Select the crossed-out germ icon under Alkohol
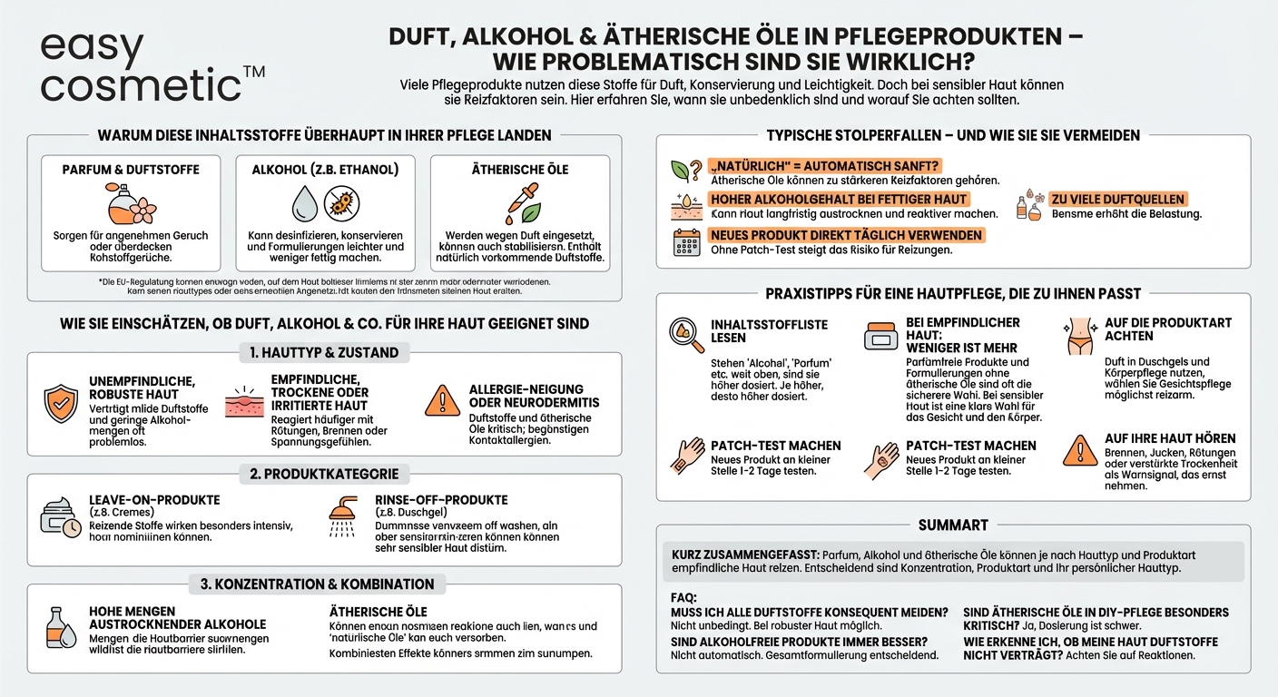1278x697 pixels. [x=340, y=203]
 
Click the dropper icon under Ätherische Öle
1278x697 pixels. [x=518, y=203]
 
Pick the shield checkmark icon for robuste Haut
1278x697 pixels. [x=61, y=404]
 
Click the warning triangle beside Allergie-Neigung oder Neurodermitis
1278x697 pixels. [x=442, y=401]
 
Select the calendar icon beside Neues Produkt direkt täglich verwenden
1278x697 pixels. [x=685, y=242]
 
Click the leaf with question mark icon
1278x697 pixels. [x=685, y=171]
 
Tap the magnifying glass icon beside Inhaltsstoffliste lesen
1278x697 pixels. [x=685, y=335]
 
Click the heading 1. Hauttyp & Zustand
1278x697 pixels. [x=324, y=352]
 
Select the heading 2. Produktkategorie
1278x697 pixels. [x=324, y=474]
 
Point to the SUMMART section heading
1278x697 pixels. [x=953, y=525]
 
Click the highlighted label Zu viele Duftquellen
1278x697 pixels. [x=1117, y=199]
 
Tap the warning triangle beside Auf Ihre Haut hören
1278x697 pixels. [x=1079, y=450]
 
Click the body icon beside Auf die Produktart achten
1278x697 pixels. [x=1079, y=335]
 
